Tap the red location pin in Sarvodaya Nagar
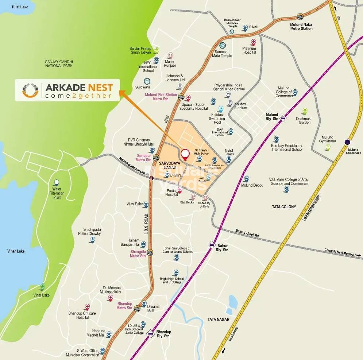(185, 154)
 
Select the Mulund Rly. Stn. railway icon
(283, 119)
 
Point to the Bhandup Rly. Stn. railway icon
(150, 333)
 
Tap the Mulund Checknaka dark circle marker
(347, 142)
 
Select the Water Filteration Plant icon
(57, 182)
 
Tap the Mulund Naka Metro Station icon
(300, 16)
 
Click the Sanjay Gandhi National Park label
(59, 63)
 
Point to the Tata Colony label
(284, 207)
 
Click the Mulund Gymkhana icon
(328, 147)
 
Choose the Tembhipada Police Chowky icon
(92, 240)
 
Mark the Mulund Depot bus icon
(246, 179)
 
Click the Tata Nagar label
(218, 319)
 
